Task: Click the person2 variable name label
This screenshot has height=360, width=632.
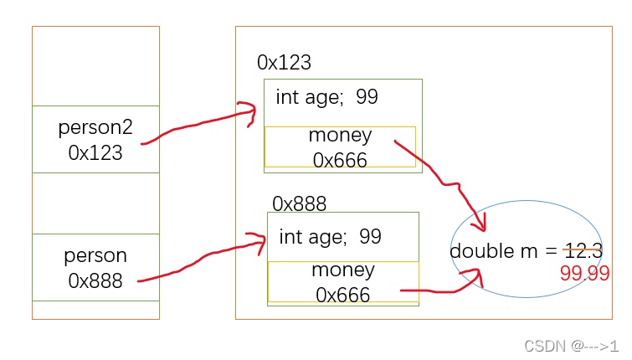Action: [95, 128]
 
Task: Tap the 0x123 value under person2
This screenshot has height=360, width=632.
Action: [95, 153]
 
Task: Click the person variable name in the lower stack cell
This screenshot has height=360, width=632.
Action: [95, 255]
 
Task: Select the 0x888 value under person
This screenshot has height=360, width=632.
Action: [95, 280]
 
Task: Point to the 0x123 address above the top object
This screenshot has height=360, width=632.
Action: [284, 63]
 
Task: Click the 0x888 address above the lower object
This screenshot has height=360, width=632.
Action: [299, 203]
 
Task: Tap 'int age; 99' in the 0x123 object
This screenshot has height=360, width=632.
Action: [326, 97]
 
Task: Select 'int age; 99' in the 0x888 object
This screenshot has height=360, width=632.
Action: [330, 237]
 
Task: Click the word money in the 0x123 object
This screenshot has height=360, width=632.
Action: [340, 136]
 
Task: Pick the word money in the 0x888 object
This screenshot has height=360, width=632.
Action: [343, 270]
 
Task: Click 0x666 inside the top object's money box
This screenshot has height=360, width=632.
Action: [340, 160]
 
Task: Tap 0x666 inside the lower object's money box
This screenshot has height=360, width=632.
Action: [343, 295]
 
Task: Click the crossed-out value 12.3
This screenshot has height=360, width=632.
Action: [583, 250]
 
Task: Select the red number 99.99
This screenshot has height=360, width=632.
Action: [584, 274]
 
